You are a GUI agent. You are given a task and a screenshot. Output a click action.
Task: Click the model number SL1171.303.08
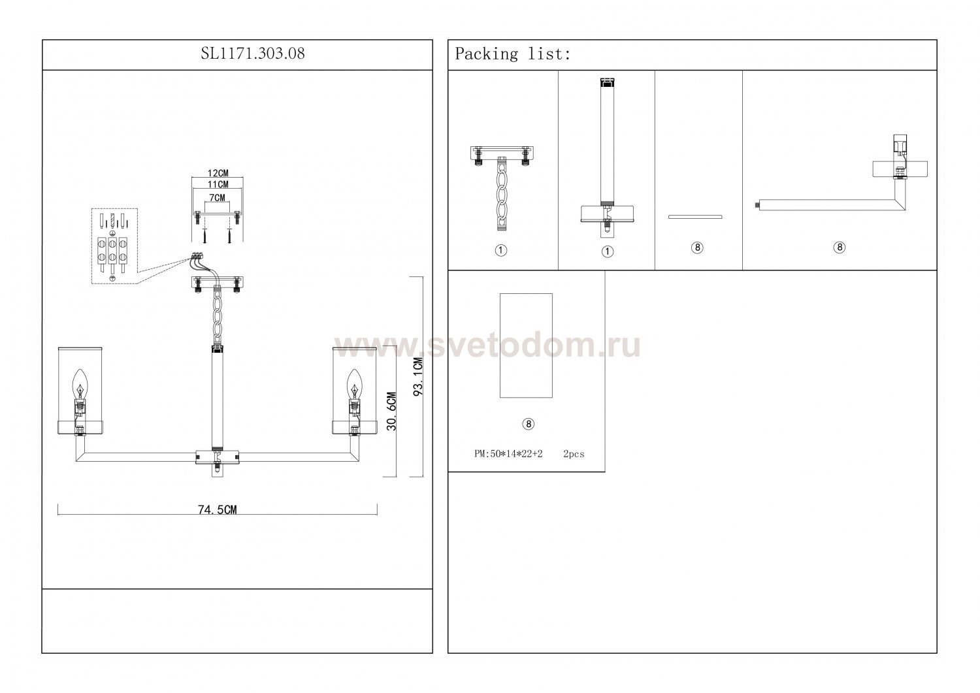253,54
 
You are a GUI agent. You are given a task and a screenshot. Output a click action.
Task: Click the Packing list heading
513,54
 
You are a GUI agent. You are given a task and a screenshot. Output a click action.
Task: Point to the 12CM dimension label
218,173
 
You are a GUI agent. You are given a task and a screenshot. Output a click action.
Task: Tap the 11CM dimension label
218,185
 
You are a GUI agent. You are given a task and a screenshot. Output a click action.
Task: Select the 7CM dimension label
218,198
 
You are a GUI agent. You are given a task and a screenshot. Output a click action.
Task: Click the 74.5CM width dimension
218,509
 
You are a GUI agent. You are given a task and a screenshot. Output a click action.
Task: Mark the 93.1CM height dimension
418,377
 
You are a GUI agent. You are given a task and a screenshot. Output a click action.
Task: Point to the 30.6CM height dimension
391,411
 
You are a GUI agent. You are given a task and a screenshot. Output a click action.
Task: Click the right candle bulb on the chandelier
354,383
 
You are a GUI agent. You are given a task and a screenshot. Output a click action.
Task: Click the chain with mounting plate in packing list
502,189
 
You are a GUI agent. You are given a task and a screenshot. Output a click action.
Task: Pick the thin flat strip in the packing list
695,217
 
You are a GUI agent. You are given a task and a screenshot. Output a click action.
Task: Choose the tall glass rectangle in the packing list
526,346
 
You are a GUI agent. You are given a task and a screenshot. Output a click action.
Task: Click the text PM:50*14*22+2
508,454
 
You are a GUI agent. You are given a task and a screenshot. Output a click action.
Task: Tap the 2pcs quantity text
574,454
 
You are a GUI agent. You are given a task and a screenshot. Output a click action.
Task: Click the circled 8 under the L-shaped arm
839,247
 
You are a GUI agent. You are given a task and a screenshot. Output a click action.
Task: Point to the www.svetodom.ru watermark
487,346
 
